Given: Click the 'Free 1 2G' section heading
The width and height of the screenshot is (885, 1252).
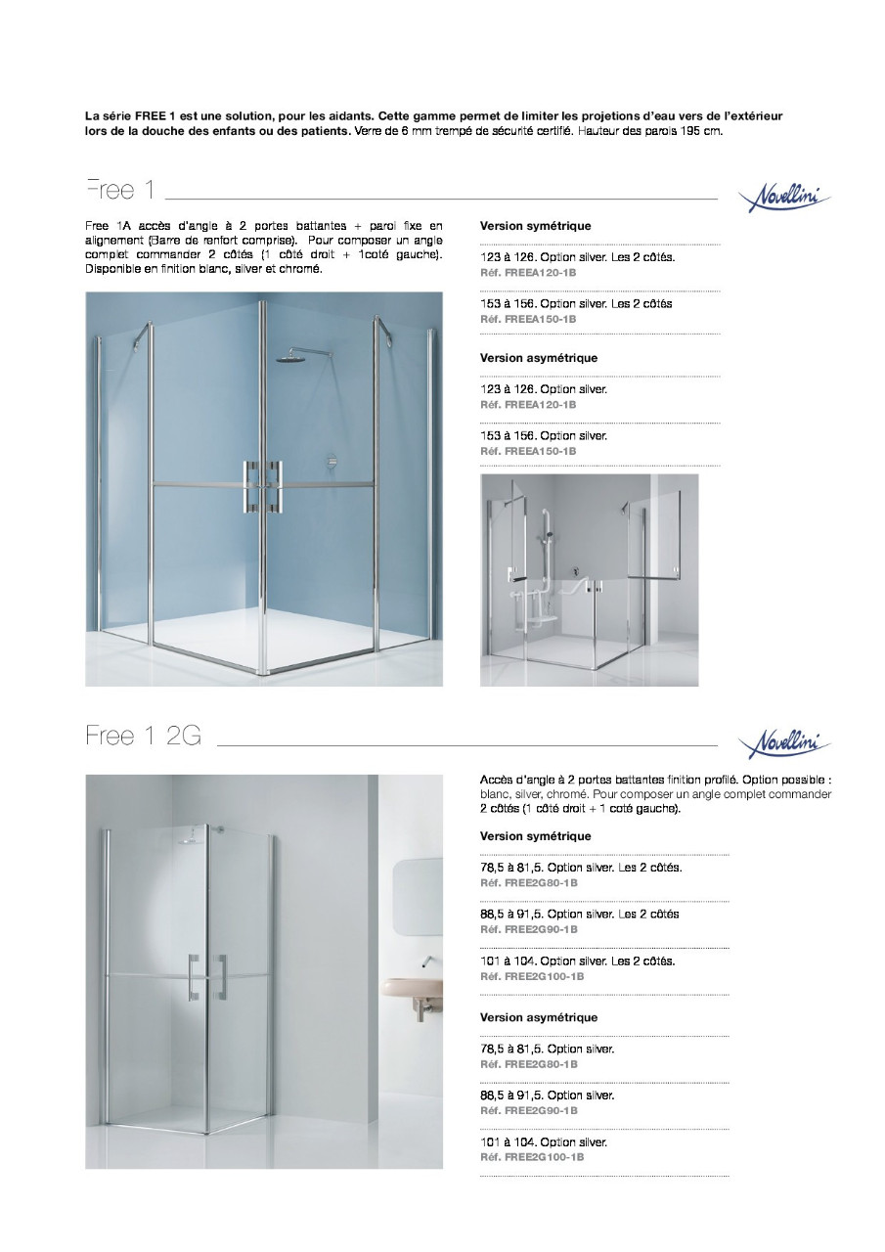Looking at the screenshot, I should click(143, 737).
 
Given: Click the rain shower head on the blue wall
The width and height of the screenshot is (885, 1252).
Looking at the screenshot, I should click(289, 360).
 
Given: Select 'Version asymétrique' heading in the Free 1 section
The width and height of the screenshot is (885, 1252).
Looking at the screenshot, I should click(538, 358).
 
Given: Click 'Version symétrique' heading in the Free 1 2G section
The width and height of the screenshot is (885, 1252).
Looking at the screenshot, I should click(535, 836).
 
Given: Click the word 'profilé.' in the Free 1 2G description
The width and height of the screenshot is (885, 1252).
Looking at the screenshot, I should click(717, 780).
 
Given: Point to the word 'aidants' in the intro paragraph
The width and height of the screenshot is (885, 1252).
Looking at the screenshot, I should click(351, 115).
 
